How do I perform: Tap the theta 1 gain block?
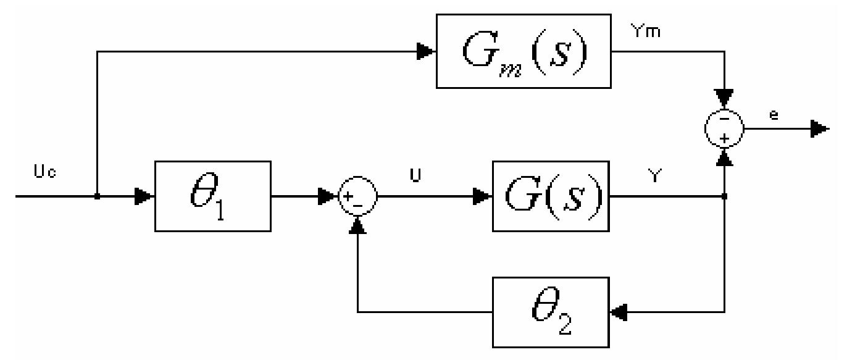click(212, 196)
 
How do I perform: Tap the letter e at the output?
click(774, 115)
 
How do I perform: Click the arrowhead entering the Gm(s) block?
click(425, 52)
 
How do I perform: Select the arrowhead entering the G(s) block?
click(484, 197)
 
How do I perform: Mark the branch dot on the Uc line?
click(98, 197)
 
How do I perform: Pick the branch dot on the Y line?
click(724, 197)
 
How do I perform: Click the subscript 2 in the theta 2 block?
click(564, 324)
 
